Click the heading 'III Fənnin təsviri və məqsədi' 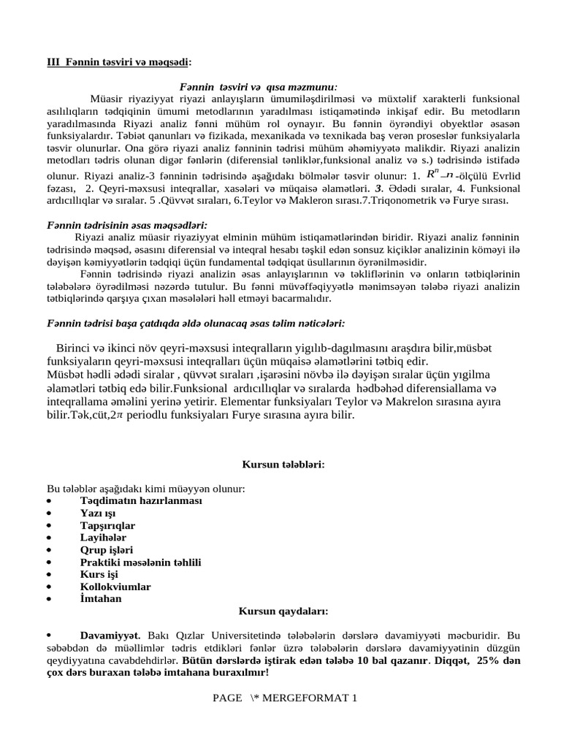pos(120,63)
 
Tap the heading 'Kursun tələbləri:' pos(283,464)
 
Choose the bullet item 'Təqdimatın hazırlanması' pos(141,500)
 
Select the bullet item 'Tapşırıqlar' pos(107,525)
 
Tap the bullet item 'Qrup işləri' pos(106,549)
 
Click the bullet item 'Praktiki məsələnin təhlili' pos(140,562)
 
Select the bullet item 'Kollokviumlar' pos(115,587)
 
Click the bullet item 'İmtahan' pos(101,598)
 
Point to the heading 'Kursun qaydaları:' pos(283,611)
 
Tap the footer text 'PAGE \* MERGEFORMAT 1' pos(285,698)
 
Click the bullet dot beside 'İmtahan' pos(48,599)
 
